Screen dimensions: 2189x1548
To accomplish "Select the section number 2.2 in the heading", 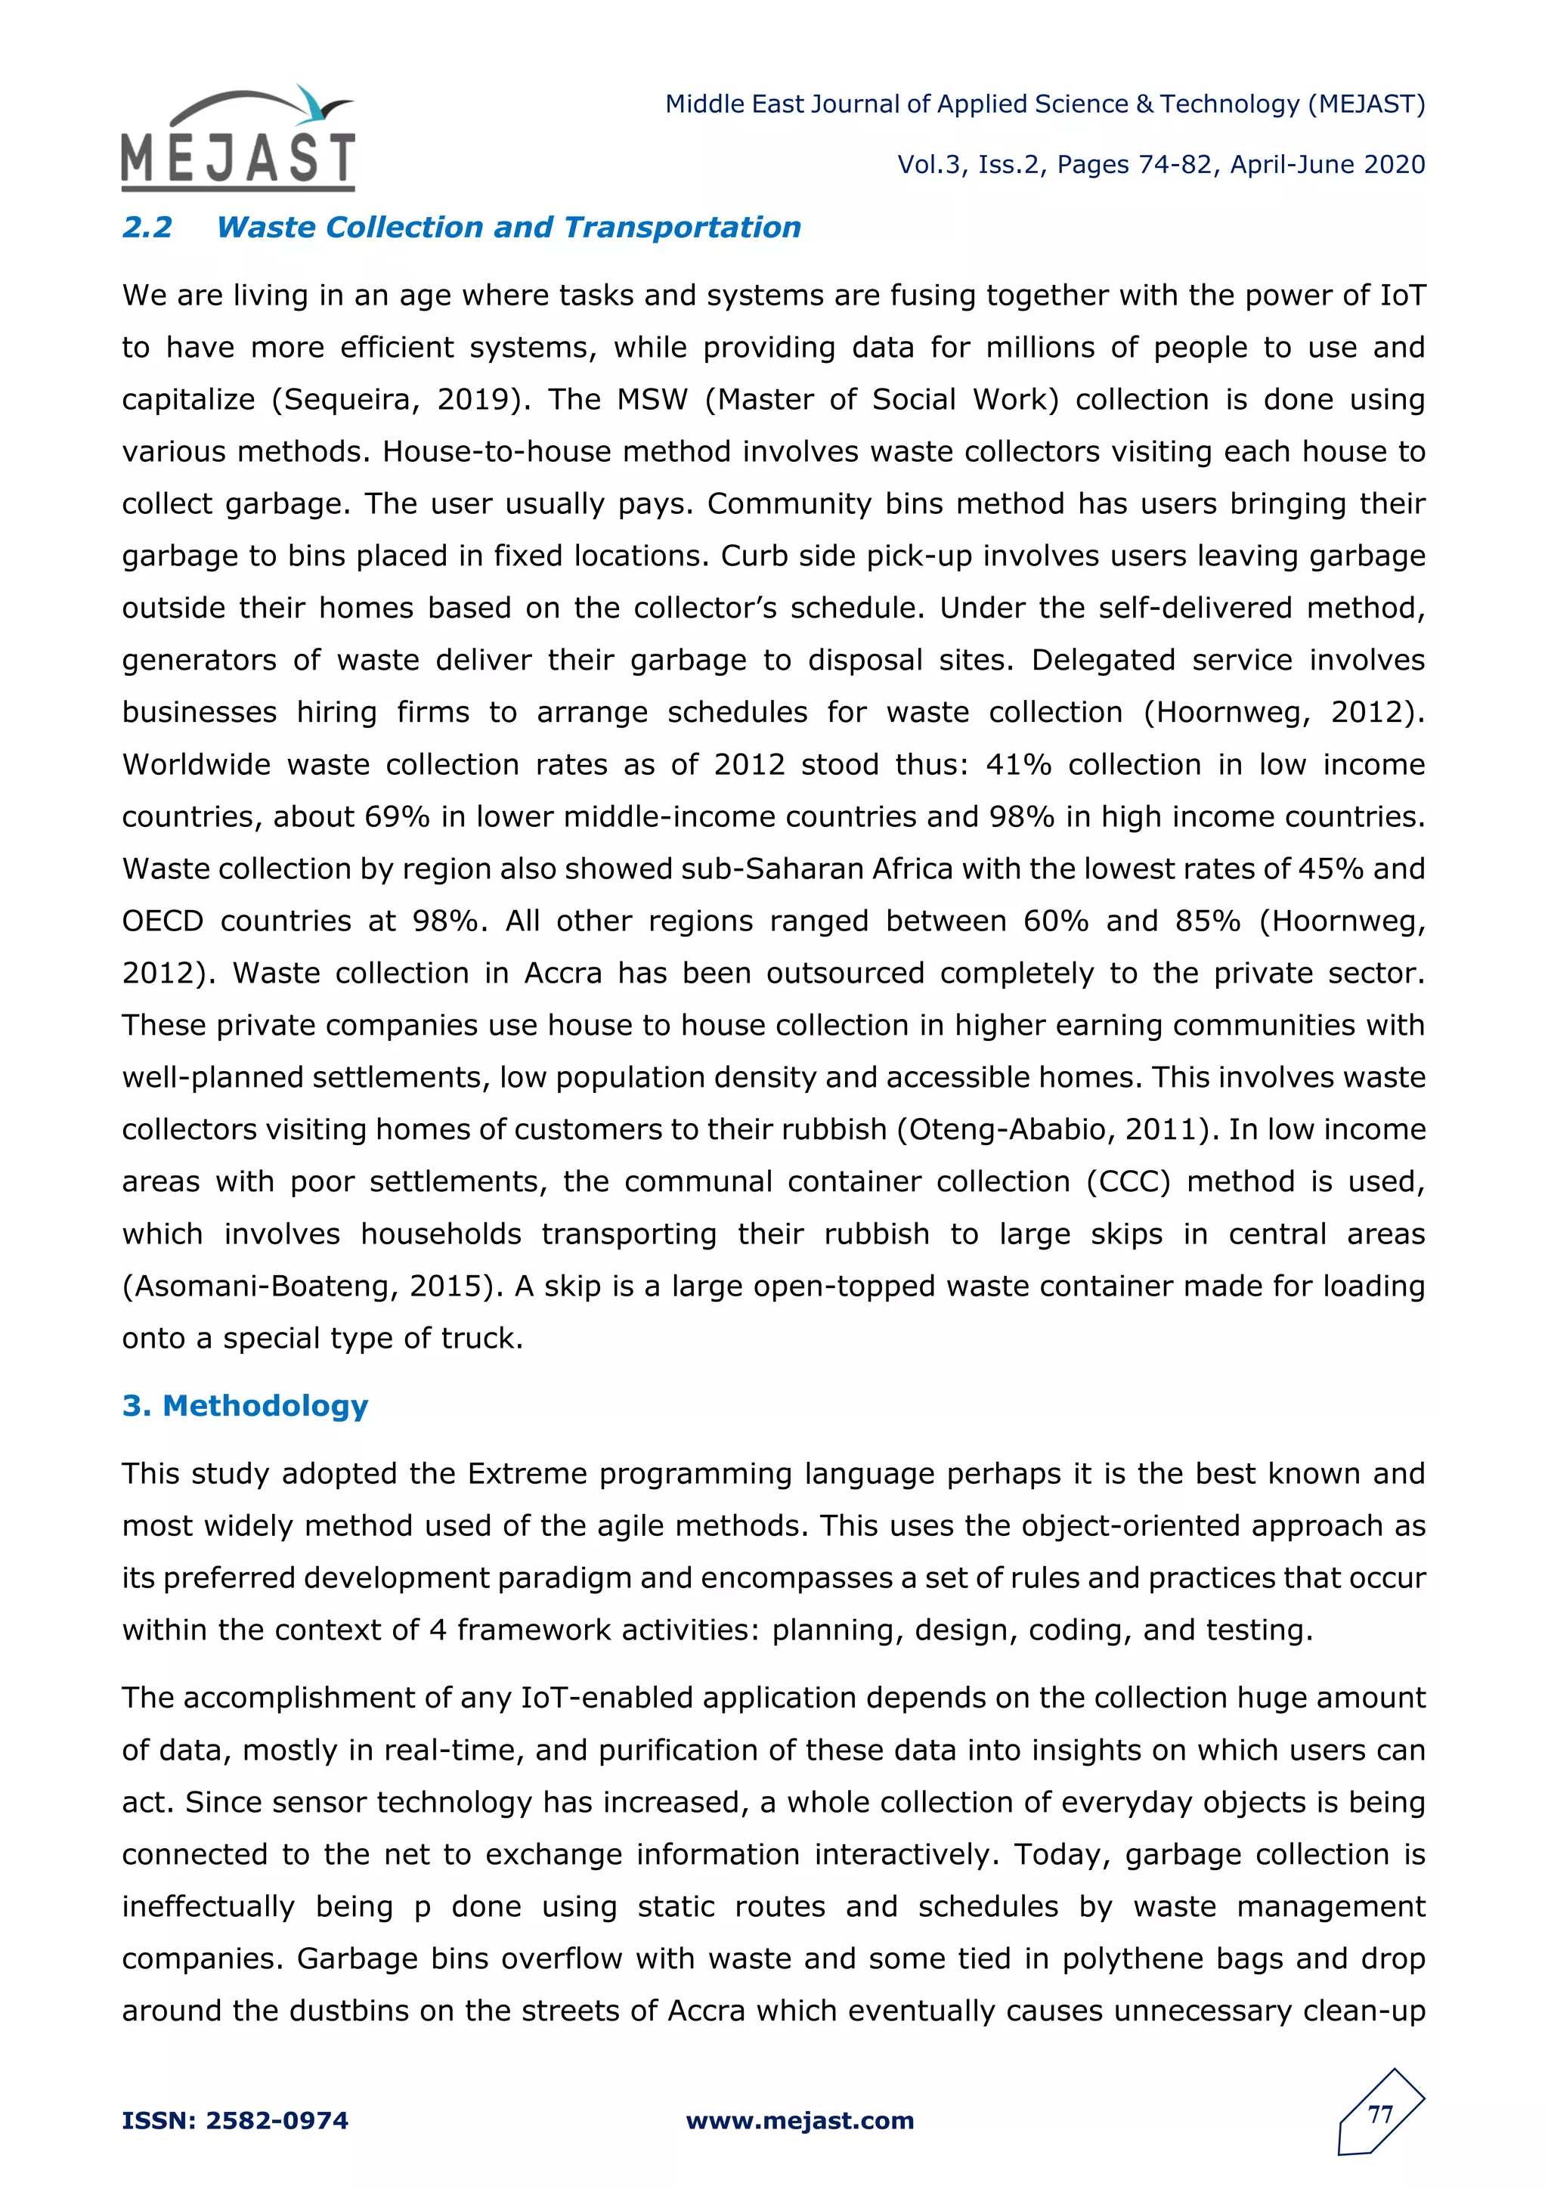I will pos(147,228).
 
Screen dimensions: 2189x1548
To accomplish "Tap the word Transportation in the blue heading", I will pos(682,228).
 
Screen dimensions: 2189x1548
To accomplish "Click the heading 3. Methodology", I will pos(245,1405).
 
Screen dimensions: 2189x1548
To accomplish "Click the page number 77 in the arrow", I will pos(1380,2115).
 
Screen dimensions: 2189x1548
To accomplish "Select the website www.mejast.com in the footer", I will pos(800,2120).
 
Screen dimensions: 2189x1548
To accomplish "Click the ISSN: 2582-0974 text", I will pos(235,2120).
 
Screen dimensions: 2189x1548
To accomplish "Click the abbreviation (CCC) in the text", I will pos(1128,1182).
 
